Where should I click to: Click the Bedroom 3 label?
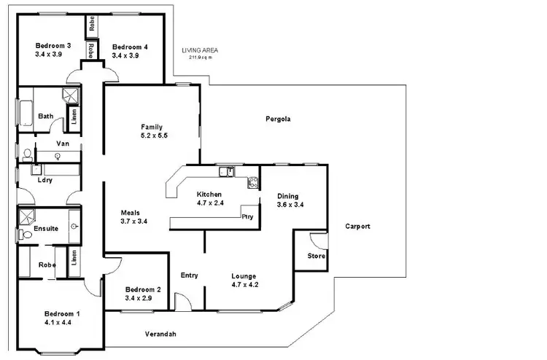pos(53,47)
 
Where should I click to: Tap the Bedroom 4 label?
pos(130,47)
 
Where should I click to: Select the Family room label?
pos(152,127)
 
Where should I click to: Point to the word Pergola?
pos(278,120)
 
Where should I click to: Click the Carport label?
pos(357,227)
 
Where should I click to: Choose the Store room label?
pos(316,257)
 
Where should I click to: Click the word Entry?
pos(190,275)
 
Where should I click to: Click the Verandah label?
pos(160,334)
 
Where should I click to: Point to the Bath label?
pos(45,116)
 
